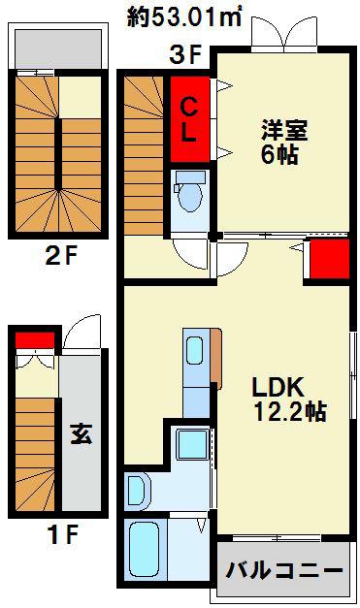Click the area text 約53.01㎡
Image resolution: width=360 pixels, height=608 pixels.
[184, 17]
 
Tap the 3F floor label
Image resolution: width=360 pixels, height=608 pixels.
[185, 55]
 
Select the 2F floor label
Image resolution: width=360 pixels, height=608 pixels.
[62, 256]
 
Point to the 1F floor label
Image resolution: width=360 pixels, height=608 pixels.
[62, 534]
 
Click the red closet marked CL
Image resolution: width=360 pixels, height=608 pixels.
[189, 119]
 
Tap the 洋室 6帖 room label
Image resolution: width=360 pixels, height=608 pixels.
[283, 142]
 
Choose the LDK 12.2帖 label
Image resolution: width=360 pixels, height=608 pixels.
[289, 399]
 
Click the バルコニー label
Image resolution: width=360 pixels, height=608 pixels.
[284, 570]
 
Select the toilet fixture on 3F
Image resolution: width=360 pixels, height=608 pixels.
[189, 191]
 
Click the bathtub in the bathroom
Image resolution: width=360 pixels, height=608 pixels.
[144, 549]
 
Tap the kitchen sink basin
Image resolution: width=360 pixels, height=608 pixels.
[195, 350]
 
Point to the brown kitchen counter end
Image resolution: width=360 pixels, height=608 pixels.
[216, 358]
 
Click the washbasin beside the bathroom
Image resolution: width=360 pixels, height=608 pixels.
[136, 490]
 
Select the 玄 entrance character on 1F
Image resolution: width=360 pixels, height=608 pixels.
[82, 433]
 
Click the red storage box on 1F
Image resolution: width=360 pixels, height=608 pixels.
[35, 340]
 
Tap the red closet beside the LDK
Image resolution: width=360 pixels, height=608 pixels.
[330, 259]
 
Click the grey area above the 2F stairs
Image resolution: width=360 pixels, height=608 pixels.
[58, 48]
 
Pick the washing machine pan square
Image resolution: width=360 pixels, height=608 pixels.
[193, 444]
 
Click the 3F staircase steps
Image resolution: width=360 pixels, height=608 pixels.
[144, 155]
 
